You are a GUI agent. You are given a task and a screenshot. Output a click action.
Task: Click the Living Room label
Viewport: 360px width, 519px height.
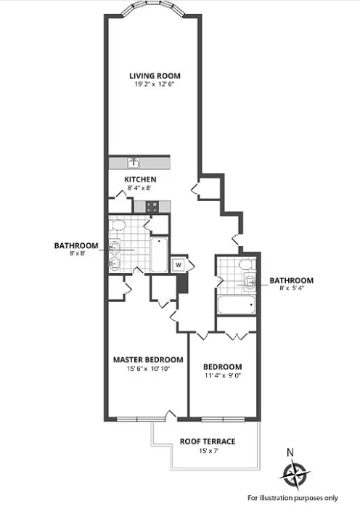(155, 75)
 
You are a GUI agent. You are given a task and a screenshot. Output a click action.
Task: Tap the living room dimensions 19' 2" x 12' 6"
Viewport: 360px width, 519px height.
(155, 85)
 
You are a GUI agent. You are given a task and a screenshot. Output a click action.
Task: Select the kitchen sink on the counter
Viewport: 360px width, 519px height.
(134, 163)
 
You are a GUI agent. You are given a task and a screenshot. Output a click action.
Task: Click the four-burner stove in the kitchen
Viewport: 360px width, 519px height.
(153, 206)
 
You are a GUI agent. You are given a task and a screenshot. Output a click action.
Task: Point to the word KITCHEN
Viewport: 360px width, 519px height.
(140, 179)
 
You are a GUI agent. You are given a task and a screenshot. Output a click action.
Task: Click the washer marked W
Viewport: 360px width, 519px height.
(178, 264)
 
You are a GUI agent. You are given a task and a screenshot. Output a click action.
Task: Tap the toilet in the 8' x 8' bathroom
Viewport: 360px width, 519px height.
(116, 225)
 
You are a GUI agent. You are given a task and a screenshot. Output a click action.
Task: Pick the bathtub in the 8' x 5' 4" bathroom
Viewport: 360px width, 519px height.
(236, 303)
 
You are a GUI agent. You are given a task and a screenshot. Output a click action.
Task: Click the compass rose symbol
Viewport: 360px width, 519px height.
(294, 475)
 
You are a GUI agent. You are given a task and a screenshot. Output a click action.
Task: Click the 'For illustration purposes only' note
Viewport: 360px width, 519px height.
(292, 498)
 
